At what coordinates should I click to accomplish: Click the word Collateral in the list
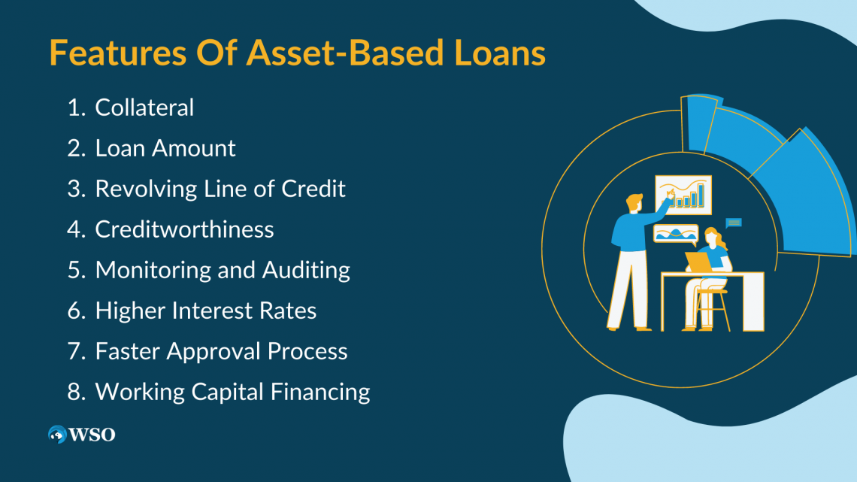pyautogui.click(x=144, y=108)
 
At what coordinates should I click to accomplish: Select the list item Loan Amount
pyautogui.click(x=165, y=148)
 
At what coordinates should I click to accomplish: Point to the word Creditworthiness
pyautogui.click(x=184, y=229)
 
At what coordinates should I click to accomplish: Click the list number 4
pyautogui.click(x=76, y=229)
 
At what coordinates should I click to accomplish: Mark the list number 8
pyautogui.click(x=76, y=392)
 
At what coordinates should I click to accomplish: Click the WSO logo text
pyautogui.click(x=93, y=435)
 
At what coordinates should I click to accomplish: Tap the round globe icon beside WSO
pyautogui.click(x=57, y=435)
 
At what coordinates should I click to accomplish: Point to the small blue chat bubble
pyautogui.click(x=734, y=223)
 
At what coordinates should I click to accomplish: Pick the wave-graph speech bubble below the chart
pyautogui.click(x=675, y=234)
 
